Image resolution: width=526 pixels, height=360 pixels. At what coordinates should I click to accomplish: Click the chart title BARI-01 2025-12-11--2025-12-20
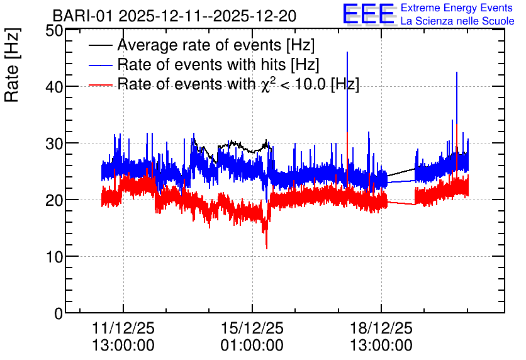click(x=174, y=16)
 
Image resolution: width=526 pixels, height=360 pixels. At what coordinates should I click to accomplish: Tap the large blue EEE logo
click(x=369, y=14)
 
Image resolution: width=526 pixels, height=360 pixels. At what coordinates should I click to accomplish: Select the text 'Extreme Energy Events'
click(x=457, y=8)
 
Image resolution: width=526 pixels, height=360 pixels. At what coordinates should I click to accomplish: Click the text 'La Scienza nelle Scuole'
click(x=457, y=21)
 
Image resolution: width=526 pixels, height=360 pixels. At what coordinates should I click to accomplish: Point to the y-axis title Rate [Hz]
click(x=12, y=65)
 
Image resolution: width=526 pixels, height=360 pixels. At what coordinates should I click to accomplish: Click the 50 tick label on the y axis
click(x=54, y=31)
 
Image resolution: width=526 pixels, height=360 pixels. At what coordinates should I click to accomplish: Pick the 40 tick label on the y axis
click(x=54, y=87)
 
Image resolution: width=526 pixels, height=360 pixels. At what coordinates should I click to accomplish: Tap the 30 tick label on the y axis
click(x=54, y=143)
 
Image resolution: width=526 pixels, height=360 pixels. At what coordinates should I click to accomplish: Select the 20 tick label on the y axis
click(x=54, y=200)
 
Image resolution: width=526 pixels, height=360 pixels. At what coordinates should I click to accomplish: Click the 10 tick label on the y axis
click(x=54, y=257)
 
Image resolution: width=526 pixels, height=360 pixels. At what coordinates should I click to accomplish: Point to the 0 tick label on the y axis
click(x=59, y=313)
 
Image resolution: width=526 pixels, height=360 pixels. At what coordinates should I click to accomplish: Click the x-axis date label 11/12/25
click(x=123, y=328)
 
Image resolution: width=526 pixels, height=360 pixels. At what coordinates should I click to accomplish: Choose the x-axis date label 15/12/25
click(x=252, y=328)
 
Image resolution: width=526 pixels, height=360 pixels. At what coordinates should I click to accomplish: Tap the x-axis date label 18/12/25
click(x=381, y=328)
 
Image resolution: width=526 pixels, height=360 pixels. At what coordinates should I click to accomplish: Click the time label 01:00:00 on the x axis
click(x=252, y=346)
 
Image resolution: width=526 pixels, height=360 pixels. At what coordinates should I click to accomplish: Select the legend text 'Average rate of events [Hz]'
click(x=216, y=45)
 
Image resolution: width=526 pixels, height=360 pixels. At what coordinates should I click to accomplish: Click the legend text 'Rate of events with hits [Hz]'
click(x=218, y=64)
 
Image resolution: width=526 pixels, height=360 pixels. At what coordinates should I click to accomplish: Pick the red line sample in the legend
click(x=101, y=85)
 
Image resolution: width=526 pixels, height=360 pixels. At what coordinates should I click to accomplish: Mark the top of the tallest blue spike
click(x=347, y=52)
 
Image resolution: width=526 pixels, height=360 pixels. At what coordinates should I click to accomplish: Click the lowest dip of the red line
click(x=267, y=249)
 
